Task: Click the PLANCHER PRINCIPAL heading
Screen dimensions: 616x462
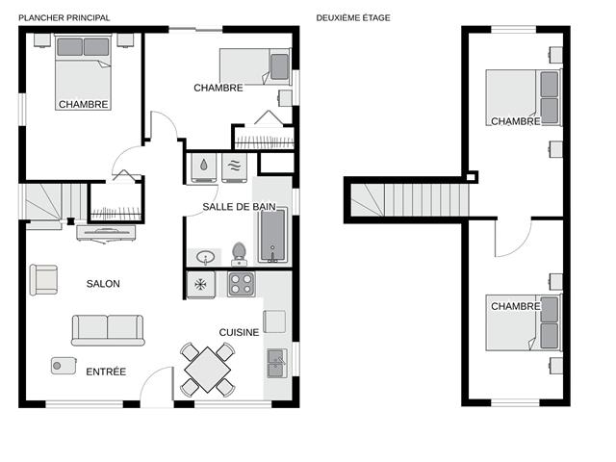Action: (x=64, y=17)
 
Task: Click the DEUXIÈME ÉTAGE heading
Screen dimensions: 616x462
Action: (x=353, y=17)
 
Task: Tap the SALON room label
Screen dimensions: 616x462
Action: (x=103, y=284)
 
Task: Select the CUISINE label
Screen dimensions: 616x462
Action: (x=239, y=332)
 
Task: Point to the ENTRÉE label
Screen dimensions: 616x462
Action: (x=106, y=372)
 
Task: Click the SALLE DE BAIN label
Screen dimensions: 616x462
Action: (x=239, y=207)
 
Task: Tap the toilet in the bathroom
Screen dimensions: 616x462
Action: (x=239, y=254)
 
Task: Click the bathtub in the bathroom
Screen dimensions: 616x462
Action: (x=272, y=235)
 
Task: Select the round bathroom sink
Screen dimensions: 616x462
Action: (x=205, y=258)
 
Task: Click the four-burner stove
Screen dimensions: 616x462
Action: (x=242, y=285)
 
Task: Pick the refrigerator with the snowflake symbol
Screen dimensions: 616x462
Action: (x=200, y=285)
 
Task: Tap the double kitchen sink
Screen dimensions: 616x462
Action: (x=277, y=363)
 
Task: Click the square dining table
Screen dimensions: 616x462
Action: (x=208, y=370)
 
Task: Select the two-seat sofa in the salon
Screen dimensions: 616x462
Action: (x=108, y=330)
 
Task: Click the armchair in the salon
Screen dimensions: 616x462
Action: (x=43, y=280)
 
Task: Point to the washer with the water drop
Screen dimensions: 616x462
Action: (x=203, y=167)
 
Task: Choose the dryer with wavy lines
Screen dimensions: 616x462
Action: (x=235, y=167)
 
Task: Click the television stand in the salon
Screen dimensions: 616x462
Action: (x=106, y=233)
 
